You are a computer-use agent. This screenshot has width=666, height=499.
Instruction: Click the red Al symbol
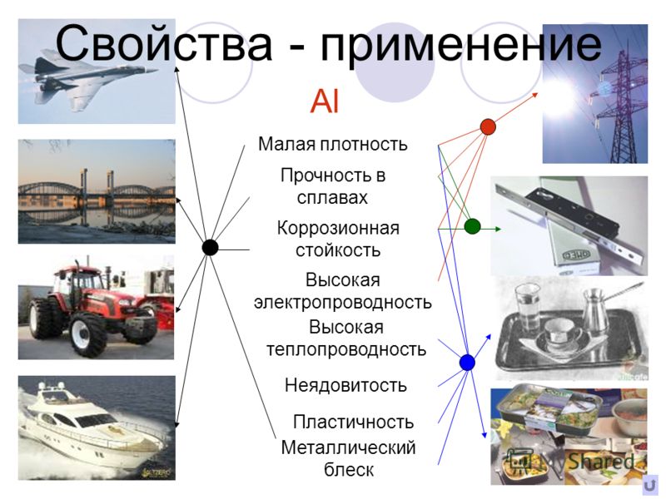pyautogui.click(x=325, y=101)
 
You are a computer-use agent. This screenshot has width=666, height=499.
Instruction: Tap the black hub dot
pyautogui.click(x=210, y=247)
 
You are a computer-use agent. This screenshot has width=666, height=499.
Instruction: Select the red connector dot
pyautogui.click(x=488, y=127)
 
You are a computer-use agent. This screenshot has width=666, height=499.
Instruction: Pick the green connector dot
pyautogui.click(x=472, y=226)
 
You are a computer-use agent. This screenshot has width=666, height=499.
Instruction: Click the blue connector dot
pyautogui.click(x=467, y=363)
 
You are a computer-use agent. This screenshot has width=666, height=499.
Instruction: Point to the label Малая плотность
pyautogui.click(x=332, y=144)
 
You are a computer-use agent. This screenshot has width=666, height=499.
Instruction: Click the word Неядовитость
pyautogui.click(x=345, y=385)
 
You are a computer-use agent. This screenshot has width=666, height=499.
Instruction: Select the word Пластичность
pyautogui.click(x=353, y=422)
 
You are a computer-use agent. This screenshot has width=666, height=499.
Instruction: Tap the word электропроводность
pyautogui.click(x=343, y=303)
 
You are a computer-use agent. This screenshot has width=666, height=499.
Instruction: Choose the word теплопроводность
pyautogui.click(x=346, y=349)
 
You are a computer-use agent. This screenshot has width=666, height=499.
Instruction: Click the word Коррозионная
pyautogui.click(x=338, y=228)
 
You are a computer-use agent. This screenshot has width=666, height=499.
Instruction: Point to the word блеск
pyautogui.click(x=349, y=470)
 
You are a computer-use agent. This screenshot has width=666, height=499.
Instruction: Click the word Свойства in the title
pyautogui.click(x=164, y=43)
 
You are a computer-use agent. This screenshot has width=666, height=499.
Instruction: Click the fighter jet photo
pyautogui.click(x=97, y=72)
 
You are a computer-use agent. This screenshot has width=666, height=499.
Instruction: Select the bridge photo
pyautogui.click(x=97, y=191)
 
